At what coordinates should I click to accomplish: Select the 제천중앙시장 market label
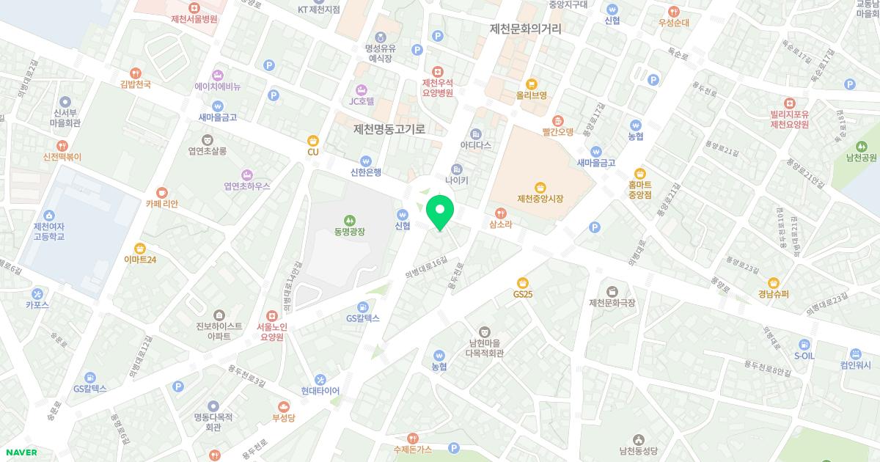[540, 198]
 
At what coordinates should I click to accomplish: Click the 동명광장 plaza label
[350, 231]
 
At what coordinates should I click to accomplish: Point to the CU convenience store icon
[313, 140]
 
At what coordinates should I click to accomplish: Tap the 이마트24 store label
[140, 259]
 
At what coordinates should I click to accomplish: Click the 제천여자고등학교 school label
[49, 231]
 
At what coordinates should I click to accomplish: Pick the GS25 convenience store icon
[523, 282]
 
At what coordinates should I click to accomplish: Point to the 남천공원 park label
[861, 157]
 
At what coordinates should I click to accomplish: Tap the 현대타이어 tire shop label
[320, 391]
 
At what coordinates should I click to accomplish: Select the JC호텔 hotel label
[362, 100]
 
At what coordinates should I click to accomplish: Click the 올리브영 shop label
[532, 95]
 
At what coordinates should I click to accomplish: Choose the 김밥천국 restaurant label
[135, 84]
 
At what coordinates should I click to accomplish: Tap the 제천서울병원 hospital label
[194, 19]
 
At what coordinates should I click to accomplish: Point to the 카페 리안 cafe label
[161, 204]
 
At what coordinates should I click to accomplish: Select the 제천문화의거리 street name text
[526, 29]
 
